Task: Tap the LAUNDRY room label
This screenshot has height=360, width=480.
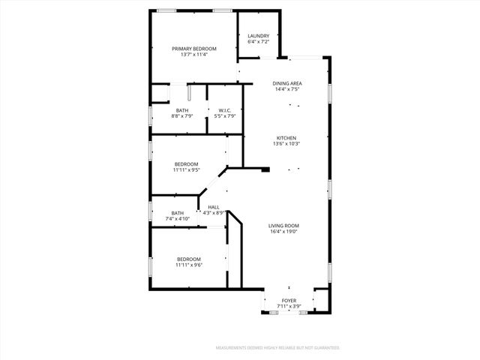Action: [259, 36]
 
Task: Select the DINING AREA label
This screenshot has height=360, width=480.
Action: [286, 83]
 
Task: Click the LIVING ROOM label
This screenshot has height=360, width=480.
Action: [284, 225]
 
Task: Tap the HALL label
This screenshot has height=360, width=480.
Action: [214, 207]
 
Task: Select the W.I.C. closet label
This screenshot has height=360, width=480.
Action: [225, 110]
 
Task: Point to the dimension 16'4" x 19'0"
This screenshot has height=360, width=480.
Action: [284, 232]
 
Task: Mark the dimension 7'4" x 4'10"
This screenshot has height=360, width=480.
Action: [178, 219]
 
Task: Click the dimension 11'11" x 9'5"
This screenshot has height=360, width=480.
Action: [187, 170]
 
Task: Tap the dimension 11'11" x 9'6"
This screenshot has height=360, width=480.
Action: [189, 265]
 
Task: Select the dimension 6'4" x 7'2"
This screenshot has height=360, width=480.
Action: [259, 42]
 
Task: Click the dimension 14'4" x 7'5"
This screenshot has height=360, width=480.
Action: [286, 89]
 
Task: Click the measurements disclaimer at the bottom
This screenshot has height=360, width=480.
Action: [277, 348]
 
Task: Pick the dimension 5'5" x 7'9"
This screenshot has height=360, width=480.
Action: [225, 116]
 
